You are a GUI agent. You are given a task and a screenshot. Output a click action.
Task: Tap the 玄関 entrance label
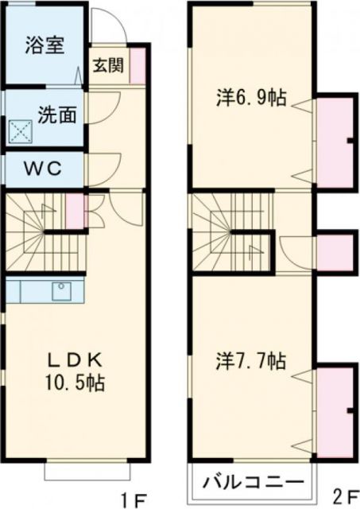[107, 66]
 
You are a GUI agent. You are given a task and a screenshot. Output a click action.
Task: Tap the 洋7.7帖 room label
[252, 362]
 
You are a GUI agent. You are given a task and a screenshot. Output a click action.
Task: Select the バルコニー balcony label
[251, 482]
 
